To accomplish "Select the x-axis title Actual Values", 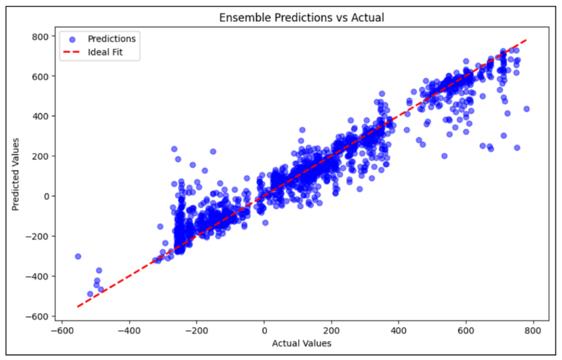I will tap(301, 344).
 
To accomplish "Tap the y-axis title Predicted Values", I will tap(16, 175).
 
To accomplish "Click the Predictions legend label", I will tap(112, 39).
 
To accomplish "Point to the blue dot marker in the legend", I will tap(72, 39).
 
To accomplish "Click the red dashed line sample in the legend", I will tap(72, 53).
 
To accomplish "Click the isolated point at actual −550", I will tap(78, 257).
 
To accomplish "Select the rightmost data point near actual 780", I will tap(527, 109).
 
